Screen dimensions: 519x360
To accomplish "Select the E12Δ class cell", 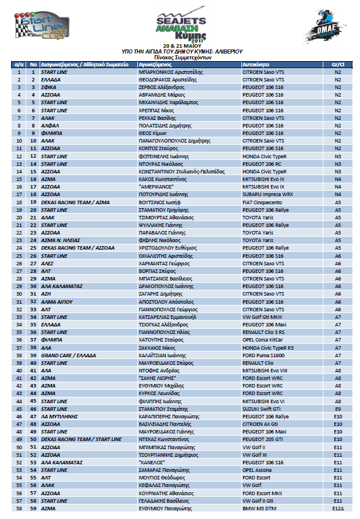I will coord(338,508).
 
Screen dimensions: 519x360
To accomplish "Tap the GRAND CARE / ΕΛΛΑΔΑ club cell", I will coord(69,354).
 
